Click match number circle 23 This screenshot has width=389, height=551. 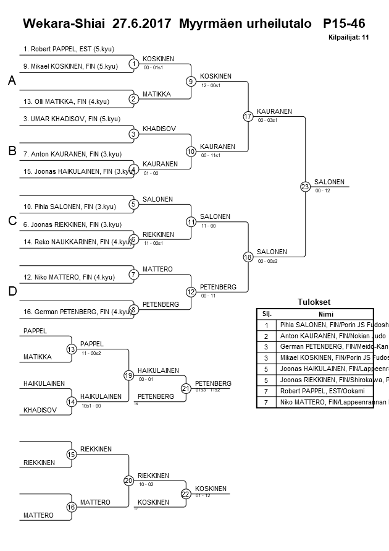point(305,186)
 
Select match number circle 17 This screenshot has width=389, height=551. point(248,116)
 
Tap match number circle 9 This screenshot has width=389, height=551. point(191,81)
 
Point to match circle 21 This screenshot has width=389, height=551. point(186,388)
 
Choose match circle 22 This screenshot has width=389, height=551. point(186,493)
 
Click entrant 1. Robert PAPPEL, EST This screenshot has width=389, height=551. point(69,49)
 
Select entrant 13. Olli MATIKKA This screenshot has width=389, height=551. point(66,101)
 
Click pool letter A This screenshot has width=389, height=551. point(12,81)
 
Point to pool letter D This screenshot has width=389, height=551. point(12,291)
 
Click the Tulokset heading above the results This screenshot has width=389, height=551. point(314,302)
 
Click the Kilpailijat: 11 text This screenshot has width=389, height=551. point(349,37)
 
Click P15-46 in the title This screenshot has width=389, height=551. point(343,24)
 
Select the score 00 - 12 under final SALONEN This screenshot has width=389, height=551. point(322,191)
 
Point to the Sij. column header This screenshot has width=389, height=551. point(267,314)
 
